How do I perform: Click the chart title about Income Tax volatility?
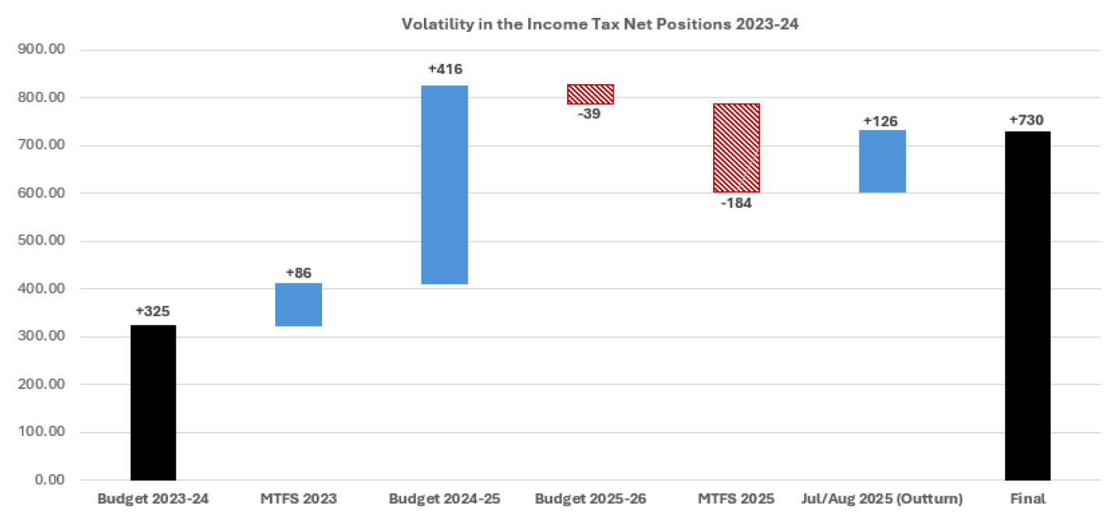click(600, 24)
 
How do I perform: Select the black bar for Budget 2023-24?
click(153, 402)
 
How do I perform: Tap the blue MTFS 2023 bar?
click(299, 304)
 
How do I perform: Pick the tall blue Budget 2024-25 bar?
click(445, 184)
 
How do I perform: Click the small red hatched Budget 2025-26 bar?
click(590, 94)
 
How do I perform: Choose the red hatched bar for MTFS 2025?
click(737, 148)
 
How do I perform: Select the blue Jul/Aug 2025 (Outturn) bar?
click(883, 161)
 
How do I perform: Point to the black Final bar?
click(1028, 306)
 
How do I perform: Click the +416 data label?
click(445, 70)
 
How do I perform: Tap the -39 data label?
click(589, 114)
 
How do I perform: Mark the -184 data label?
click(735, 204)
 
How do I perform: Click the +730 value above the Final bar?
click(1027, 120)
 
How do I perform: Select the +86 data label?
click(299, 272)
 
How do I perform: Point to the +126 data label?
click(880, 121)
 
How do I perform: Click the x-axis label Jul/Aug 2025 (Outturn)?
click(882, 499)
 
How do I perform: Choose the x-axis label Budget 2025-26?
click(590, 499)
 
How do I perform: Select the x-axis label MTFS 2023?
click(299, 499)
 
